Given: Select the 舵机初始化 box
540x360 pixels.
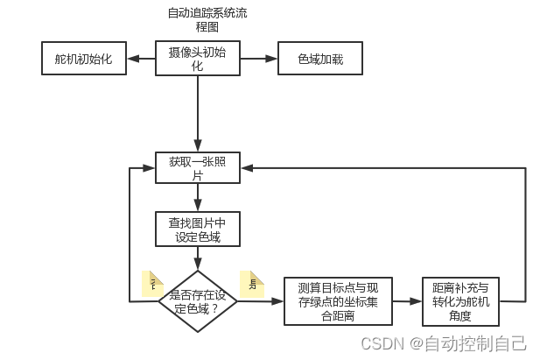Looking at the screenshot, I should click(x=84, y=60).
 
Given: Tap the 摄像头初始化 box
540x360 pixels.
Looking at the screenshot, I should click(x=198, y=59).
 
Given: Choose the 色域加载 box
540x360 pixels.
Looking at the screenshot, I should click(x=319, y=60).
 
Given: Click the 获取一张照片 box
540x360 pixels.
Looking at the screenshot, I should click(x=198, y=168).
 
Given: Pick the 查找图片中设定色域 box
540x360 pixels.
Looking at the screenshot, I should click(x=198, y=229).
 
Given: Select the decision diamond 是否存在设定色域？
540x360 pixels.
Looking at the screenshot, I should click(x=199, y=301).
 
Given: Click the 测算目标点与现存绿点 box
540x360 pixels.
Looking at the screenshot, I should click(x=339, y=301).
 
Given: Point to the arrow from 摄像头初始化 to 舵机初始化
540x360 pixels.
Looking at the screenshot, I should click(x=141, y=60).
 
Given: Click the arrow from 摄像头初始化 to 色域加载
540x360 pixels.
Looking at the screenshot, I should click(x=258, y=60).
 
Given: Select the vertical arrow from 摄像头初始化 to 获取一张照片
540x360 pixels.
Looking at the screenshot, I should click(x=199, y=114).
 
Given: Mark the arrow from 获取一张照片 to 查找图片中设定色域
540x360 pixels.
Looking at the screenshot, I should click(x=199, y=197).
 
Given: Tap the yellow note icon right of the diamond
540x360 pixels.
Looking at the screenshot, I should click(x=252, y=283).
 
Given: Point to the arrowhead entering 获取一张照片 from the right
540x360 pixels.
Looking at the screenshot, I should click(x=246, y=168).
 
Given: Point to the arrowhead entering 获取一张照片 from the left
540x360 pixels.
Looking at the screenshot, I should click(x=151, y=168).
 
